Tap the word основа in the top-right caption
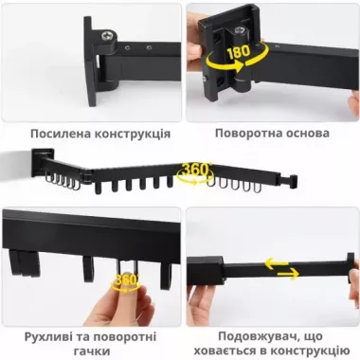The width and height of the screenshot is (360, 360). click(x=309, y=133)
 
